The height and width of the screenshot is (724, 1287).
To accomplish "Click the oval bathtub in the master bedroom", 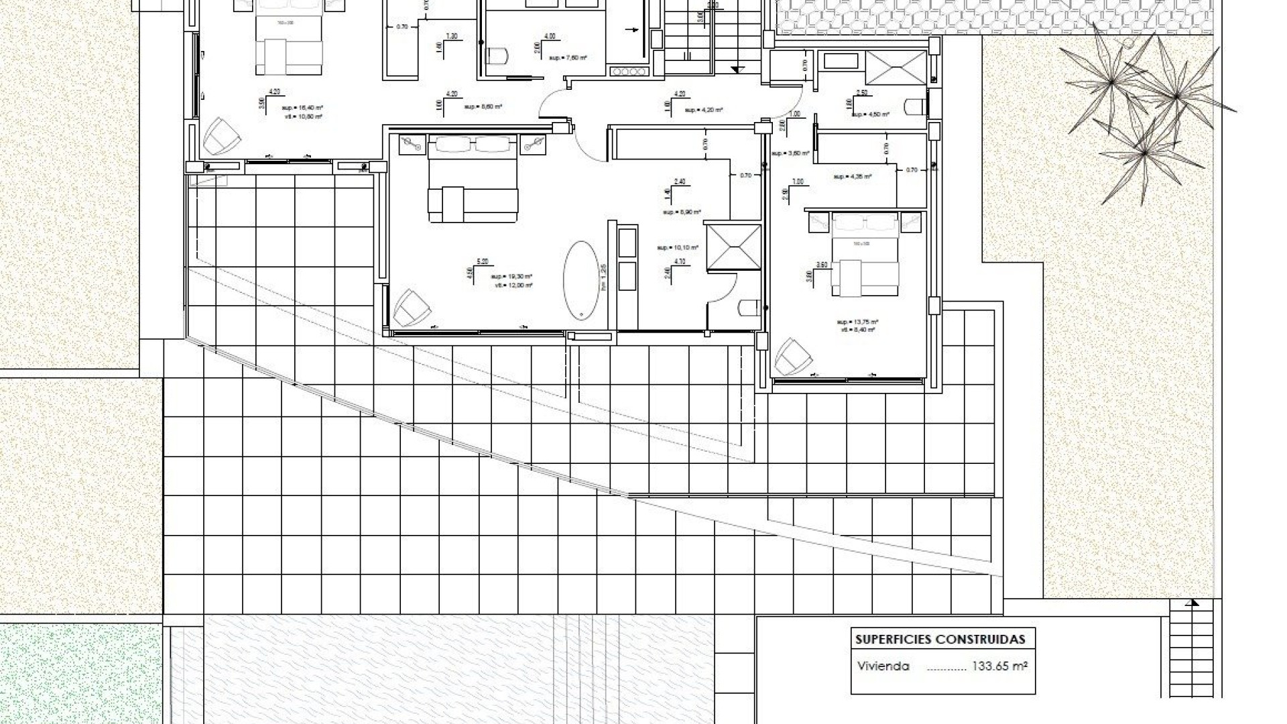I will pyautogui.click(x=581, y=279).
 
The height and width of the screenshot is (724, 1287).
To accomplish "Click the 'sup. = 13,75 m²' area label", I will pyautogui.click(x=858, y=321).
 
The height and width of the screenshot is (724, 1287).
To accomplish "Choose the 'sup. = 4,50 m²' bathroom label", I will pyautogui.click(x=870, y=115).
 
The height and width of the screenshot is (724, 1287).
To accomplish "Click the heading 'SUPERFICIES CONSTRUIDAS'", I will pyautogui.click(x=940, y=639).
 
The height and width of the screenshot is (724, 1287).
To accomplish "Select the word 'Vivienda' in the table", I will pyautogui.click(x=883, y=666).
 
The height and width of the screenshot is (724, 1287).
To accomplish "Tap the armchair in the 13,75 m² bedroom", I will pyautogui.click(x=793, y=357).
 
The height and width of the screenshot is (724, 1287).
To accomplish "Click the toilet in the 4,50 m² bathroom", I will pyautogui.click(x=914, y=107).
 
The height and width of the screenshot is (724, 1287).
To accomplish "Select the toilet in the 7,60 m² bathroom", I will pyautogui.click(x=496, y=56).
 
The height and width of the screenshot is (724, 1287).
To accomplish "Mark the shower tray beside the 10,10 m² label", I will pyautogui.click(x=733, y=247).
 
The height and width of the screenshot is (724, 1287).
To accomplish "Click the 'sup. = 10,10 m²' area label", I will pyautogui.click(x=678, y=247).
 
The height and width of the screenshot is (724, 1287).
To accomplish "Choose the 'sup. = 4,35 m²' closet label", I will pyautogui.click(x=852, y=177).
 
